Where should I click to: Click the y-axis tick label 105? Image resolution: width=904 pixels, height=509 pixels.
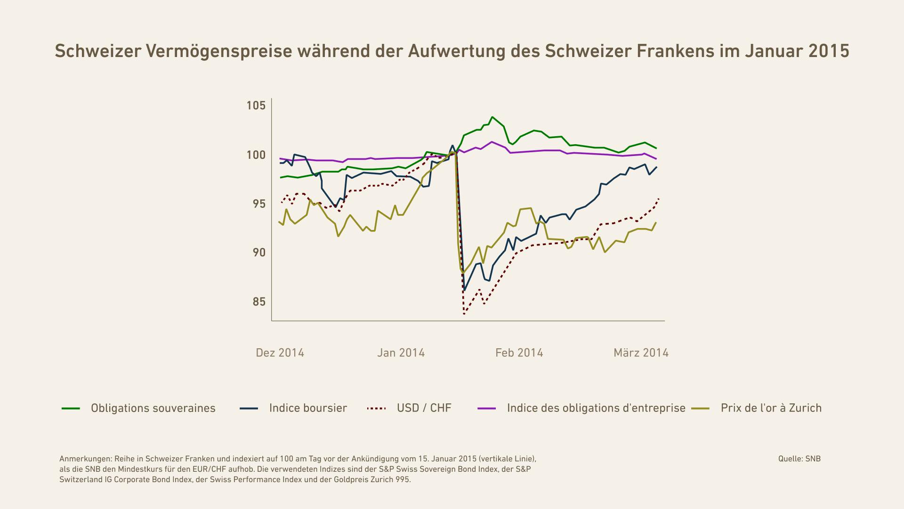256,106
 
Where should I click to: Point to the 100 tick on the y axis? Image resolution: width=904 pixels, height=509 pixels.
256,155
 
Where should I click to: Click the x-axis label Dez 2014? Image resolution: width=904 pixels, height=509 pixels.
280,353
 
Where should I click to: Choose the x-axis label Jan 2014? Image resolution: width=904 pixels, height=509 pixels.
401,353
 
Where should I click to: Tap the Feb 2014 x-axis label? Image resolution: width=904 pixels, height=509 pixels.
519,353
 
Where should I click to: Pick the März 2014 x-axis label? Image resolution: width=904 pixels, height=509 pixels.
641,353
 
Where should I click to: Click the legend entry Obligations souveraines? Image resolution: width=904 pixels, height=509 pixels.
153,408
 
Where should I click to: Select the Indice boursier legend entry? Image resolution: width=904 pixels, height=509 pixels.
308,408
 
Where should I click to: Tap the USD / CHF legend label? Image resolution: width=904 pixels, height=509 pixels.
424,408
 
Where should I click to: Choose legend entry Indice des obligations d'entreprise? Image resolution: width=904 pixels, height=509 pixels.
596,408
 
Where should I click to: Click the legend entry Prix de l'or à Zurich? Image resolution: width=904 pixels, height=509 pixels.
771,408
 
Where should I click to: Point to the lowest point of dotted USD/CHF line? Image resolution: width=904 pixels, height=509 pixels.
464,314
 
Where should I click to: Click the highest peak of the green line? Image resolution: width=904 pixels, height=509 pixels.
492,117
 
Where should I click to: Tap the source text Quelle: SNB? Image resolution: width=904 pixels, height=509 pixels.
799,459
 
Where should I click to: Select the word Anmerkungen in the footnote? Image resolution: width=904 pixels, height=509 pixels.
85,459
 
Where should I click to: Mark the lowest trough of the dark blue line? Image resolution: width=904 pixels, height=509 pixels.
465,290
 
